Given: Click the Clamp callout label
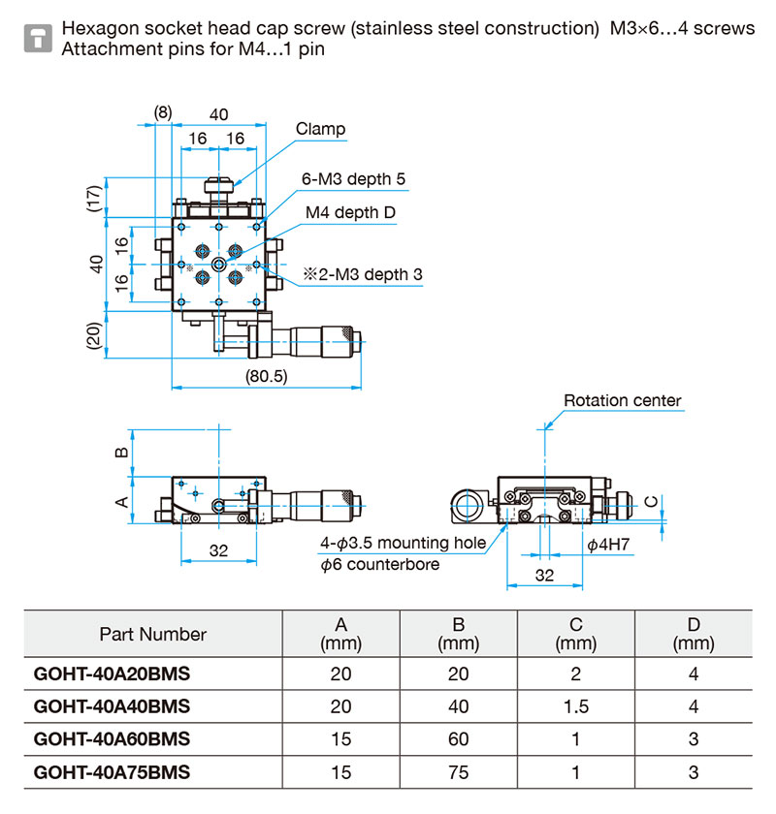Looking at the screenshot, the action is (x=320, y=129).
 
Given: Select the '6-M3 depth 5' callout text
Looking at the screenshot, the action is (x=353, y=178).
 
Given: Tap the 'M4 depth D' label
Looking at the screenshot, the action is (x=350, y=212).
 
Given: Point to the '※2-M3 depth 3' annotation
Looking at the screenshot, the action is (x=363, y=274).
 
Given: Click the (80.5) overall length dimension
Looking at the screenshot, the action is (x=266, y=376).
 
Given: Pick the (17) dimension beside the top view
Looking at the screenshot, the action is (x=93, y=199).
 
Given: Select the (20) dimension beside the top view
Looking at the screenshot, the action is (x=93, y=336).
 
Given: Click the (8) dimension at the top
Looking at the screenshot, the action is (x=163, y=112).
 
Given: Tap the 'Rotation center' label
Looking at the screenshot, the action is (x=622, y=400).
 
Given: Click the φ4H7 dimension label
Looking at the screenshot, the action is (x=608, y=544).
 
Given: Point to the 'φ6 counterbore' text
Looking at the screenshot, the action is (x=379, y=564).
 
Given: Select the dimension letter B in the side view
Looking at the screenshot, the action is (x=121, y=453).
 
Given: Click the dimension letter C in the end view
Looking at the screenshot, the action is (x=651, y=501).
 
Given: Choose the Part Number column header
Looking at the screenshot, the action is (x=153, y=634).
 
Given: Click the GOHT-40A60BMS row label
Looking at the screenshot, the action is (x=112, y=738).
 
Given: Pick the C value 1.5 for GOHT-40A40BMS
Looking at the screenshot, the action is (x=576, y=706).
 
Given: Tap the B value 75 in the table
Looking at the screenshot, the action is (x=458, y=772).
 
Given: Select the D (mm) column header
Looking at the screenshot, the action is (x=694, y=634).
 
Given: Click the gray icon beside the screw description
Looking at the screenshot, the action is (x=38, y=38).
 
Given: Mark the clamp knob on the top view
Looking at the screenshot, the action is (x=219, y=186).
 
